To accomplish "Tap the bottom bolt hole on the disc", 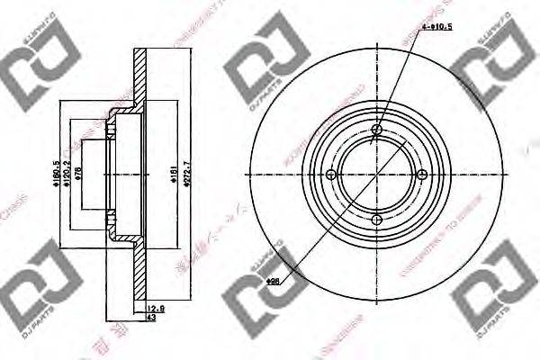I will [377, 220].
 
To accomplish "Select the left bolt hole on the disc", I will [332, 175].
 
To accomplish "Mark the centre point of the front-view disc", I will [377, 175].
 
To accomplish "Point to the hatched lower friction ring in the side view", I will [139, 270].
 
